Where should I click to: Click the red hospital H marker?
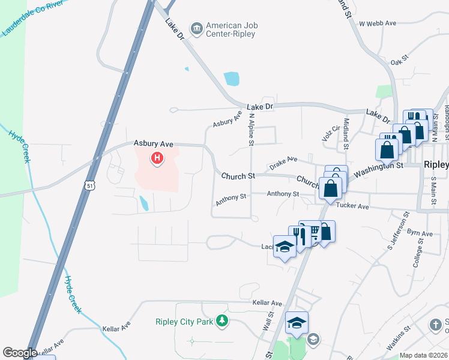157,159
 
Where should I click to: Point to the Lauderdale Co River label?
32,19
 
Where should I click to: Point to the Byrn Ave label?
420,233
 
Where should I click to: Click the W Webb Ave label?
378,23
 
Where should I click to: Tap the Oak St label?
399,60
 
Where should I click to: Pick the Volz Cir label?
328,134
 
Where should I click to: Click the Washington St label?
378,169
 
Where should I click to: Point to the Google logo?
20,353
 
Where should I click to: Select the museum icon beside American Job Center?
196,28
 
